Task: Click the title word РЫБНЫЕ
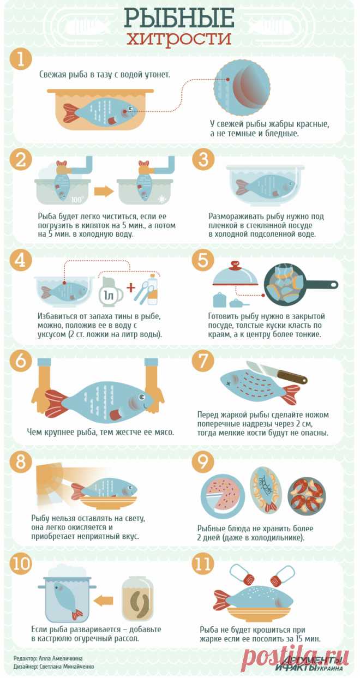coord(179,18)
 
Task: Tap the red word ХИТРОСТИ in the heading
coord(180,40)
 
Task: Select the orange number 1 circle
coord(21,59)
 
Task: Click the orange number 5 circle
coord(203,260)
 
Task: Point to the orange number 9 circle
coord(203,462)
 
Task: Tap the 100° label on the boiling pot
coord(77,200)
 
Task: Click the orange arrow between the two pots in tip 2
coord(104,192)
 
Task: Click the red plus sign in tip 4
coord(131,287)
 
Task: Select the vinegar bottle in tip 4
coord(153,290)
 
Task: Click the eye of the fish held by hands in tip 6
coord(141,396)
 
